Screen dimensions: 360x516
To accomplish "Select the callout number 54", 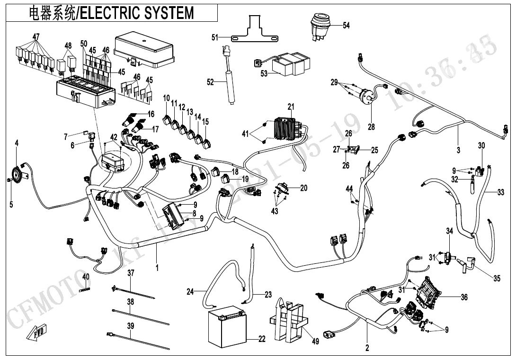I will click(346, 26).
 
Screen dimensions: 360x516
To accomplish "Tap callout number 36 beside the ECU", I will click(464, 297).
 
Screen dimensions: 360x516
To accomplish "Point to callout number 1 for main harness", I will click(157, 268).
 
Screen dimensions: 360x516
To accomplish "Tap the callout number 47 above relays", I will click(36, 36).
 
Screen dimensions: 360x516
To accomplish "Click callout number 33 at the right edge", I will click(500, 193).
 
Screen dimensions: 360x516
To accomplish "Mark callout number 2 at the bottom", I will click(367, 348).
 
